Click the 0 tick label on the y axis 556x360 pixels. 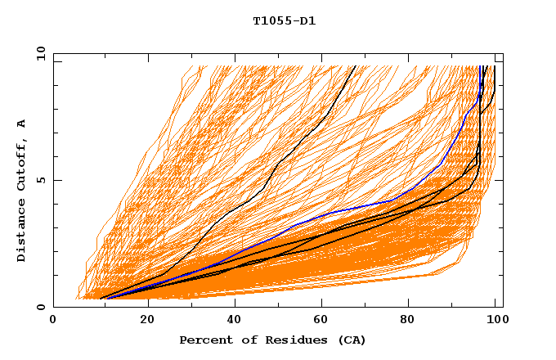coord(41,308)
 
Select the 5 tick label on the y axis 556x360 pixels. coord(41,180)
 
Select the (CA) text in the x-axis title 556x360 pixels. coord(348,340)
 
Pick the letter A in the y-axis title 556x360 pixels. coord(22,124)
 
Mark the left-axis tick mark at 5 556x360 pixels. coord(56,180)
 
